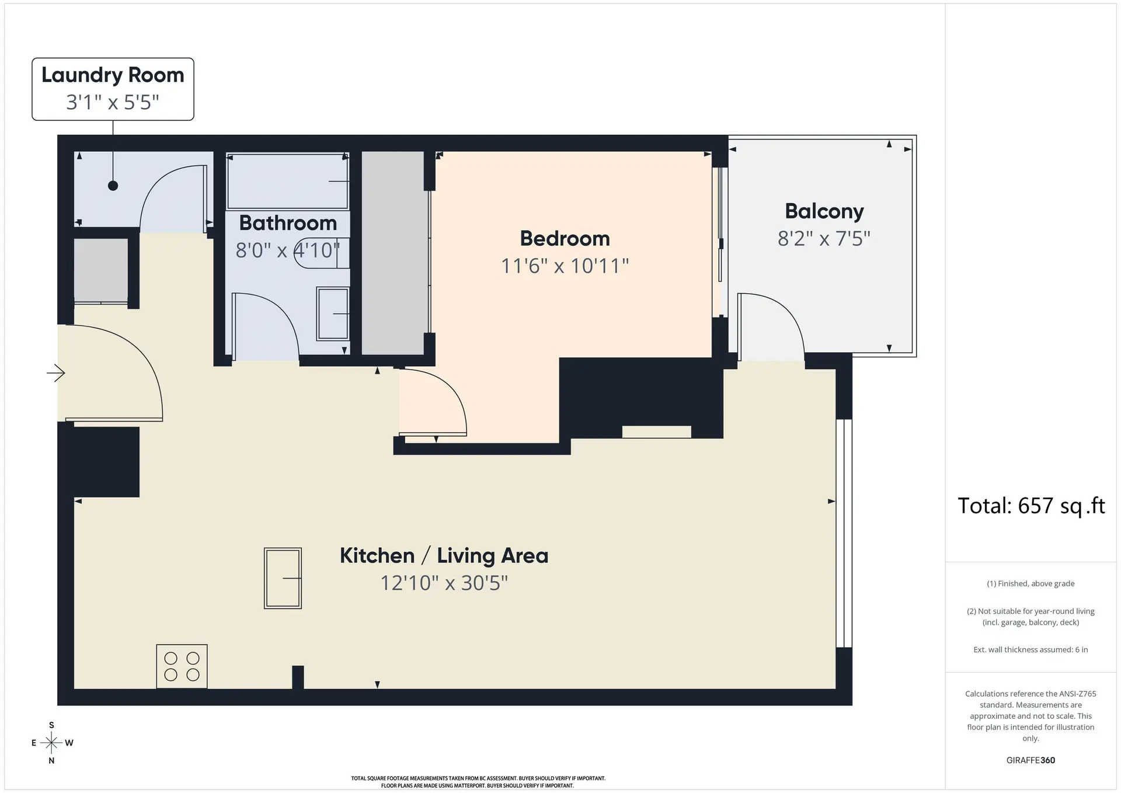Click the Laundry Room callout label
pos(113,89)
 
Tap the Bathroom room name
pos(288,223)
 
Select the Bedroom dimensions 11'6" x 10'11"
pos(565,266)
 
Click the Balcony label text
pos(824,211)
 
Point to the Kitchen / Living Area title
pos(444,555)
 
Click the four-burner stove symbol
pos(182,666)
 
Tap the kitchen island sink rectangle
pos(283,578)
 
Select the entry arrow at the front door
pos(56,373)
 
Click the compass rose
pos(51,743)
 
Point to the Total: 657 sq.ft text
pos(1031,506)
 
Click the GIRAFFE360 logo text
pos(1031,760)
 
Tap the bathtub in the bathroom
pos(287,181)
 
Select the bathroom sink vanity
pos(332,314)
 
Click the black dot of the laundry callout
pos(113,186)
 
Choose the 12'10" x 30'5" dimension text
pos(444,583)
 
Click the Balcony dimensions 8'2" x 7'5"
pos(824,239)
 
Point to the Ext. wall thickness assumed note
pos(1031,649)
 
